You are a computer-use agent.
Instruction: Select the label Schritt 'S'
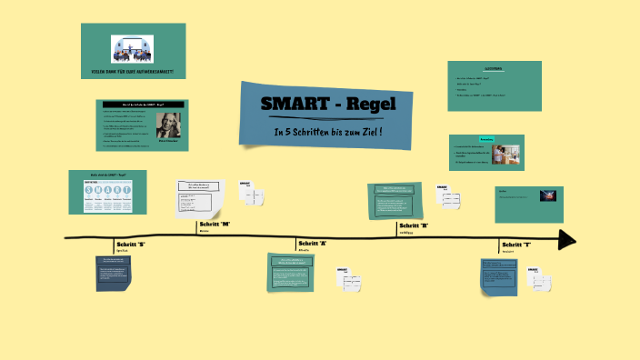tap(130, 245)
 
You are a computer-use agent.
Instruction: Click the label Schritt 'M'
tap(215, 224)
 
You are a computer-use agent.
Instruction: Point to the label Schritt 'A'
tap(313, 244)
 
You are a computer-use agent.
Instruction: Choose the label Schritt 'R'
tap(414, 225)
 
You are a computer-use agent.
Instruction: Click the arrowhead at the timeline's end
tap(567, 239)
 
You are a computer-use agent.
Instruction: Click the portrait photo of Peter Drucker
tap(168, 125)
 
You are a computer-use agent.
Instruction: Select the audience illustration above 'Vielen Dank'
tap(134, 49)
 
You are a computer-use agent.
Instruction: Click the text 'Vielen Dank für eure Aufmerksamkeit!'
tap(133, 71)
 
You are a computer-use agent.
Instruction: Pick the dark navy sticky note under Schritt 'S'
tap(117, 274)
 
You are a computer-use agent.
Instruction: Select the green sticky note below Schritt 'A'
tap(297, 273)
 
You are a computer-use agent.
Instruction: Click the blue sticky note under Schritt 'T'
tap(499, 275)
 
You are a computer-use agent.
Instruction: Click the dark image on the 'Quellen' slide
tap(548, 195)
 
